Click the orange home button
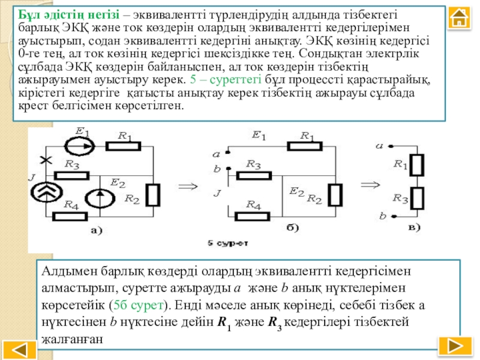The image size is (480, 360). pyautogui.click(x=459, y=20)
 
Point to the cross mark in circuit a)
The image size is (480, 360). pyautogui.click(x=43, y=159)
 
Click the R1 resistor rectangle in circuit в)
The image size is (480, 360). pyautogui.click(x=419, y=163)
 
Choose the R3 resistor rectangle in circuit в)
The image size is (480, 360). pyautogui.click(x=419, y=196)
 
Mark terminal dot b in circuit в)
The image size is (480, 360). pyautogui.click(x=391, y=214)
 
